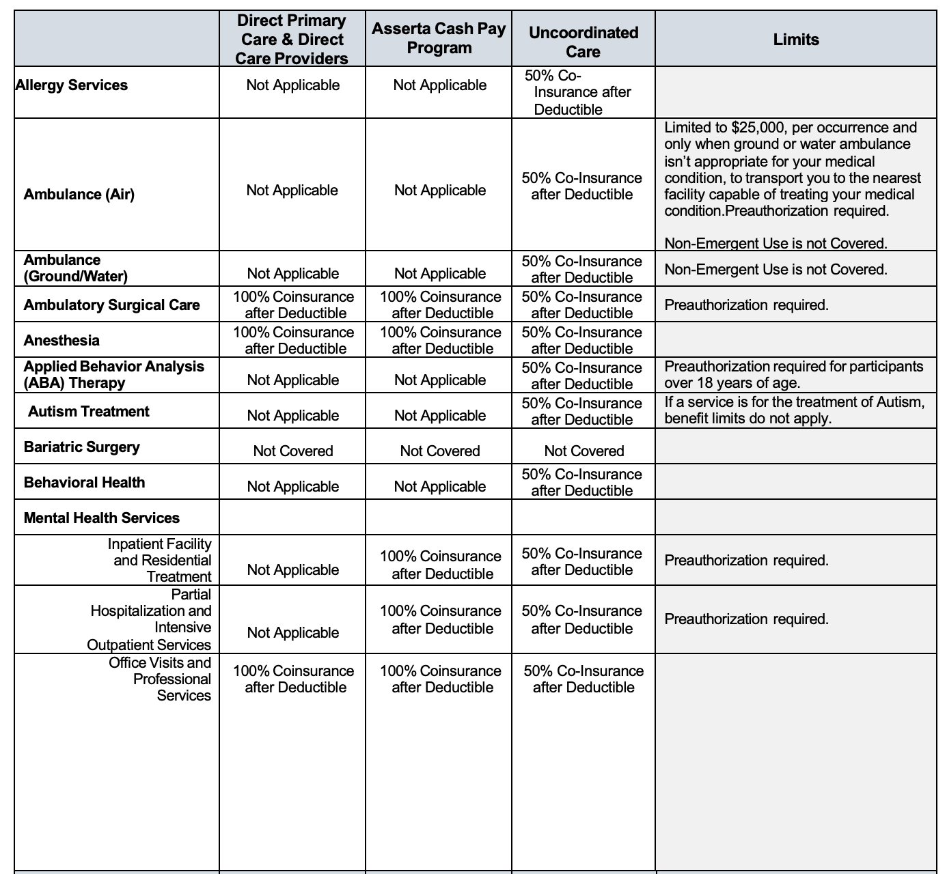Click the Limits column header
[x=795, y=40]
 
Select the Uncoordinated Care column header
[x=583, y=42]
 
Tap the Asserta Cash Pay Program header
[x=439, y=38]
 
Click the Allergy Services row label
[x=72, y=85]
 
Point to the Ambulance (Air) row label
[x=79, y=195]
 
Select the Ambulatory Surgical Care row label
[x=112, y=305]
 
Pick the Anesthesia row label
[x=61, y=341]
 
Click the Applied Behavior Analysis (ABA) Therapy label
[x=113, y=374]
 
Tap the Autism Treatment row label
[x=89, y=412]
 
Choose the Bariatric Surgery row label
[x=82, y=447]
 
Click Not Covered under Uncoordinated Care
[x=584, y=451]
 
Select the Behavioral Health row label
[x=84, y=483]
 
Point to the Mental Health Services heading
[x=102, y=518]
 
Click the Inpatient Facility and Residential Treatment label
[x=162, y=561]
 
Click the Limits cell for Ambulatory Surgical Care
[x=746, y=305]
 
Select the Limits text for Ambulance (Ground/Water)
[x=776, y=270]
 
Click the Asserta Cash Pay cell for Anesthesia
[x=440, y=341]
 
